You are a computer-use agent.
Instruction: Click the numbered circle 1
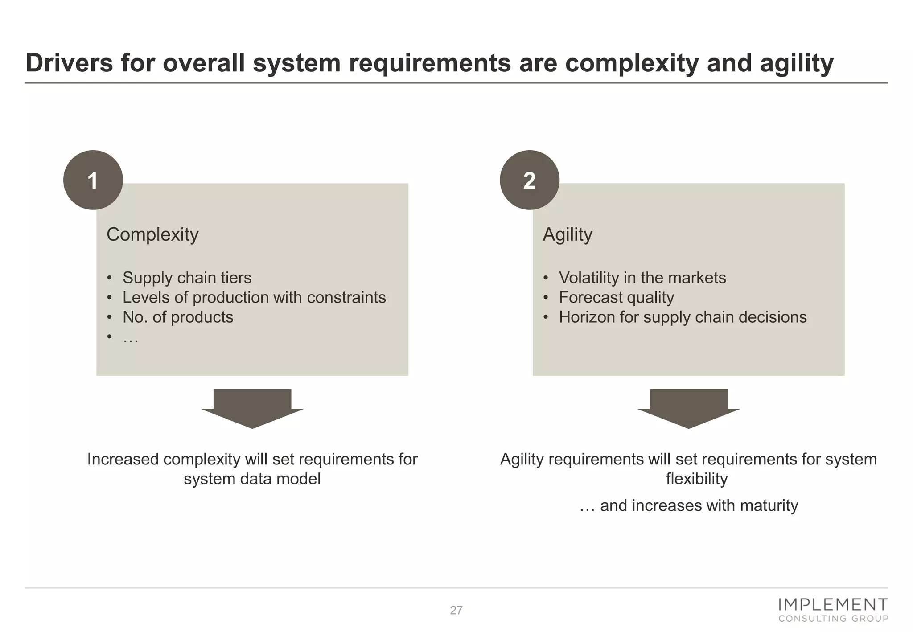[x=93, y=180]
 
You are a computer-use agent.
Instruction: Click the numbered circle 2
[x=529, y=180]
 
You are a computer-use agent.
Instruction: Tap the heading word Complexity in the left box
[x=152, y=234]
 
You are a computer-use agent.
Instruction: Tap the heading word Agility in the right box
[x=568, y=234]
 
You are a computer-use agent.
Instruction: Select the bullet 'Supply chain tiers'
[x=187, y=278]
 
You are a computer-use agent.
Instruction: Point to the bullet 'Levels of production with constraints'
[x=254, y=297]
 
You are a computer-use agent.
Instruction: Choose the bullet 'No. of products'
[x=178, y=317]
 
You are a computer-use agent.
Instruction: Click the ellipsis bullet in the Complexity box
[x=131, y=338]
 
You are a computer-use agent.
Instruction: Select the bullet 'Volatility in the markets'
[x=642, y=278]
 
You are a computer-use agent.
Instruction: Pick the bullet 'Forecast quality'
[x=616, y=297]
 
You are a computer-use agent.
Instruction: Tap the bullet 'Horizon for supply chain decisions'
[x=683, y=317]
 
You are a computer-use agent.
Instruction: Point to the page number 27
[x=456, y=610]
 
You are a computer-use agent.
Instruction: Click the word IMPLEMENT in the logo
[x=833, y=605]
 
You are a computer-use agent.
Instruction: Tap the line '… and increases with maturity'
[x=688, y=505]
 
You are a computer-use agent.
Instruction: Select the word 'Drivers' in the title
[x=70, y=63]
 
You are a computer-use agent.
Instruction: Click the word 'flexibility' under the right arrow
[x=696, y=479]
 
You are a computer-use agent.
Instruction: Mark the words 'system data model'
[x=252, y=479]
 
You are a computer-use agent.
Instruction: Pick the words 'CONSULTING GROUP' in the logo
[x=833, y=618]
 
